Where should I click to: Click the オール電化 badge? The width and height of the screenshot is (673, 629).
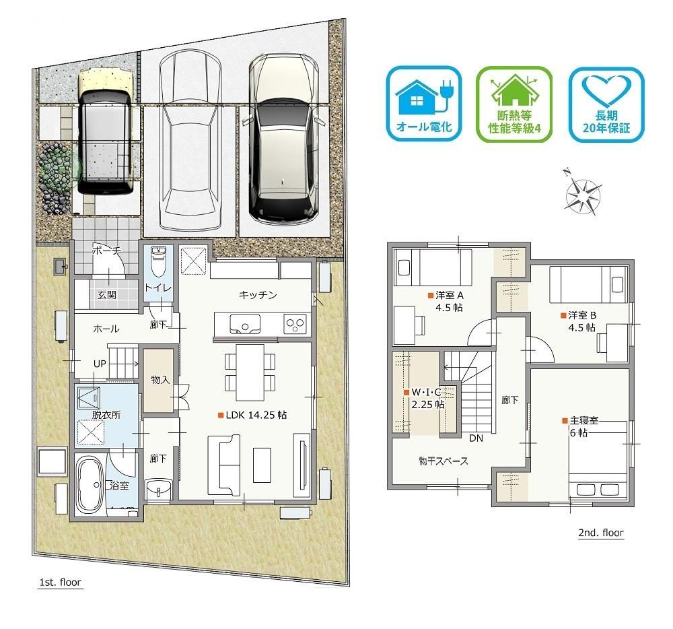click(x=424, y=104)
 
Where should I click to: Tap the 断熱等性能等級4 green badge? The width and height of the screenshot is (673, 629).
click(x=514, y=104)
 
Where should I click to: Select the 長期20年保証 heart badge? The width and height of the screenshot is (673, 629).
click(x=606, y=104)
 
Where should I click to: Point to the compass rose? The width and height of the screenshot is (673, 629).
click(x=583, y=192)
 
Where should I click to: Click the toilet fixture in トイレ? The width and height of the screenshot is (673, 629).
click(x=158, y=261)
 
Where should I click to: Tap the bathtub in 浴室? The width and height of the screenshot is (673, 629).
click(x=90, y=485)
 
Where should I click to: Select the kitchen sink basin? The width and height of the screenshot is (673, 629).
click(x=245, y=324)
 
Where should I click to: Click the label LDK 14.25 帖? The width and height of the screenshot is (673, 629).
click(x=253, y=416)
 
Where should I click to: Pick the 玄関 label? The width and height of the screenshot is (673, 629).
click(x=106, y=295)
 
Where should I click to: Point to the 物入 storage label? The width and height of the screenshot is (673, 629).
click(x=160, y=380)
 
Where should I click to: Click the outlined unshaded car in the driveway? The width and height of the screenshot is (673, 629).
click(x=190, y=141)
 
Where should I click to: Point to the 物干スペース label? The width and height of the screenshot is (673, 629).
click(x=444, y=461)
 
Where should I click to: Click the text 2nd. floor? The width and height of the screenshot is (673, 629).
click(x=601, y=533)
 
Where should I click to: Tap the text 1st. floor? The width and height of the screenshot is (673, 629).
click(x=60, y=583)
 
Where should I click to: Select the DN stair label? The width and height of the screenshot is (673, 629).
click(x=476, y=438)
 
